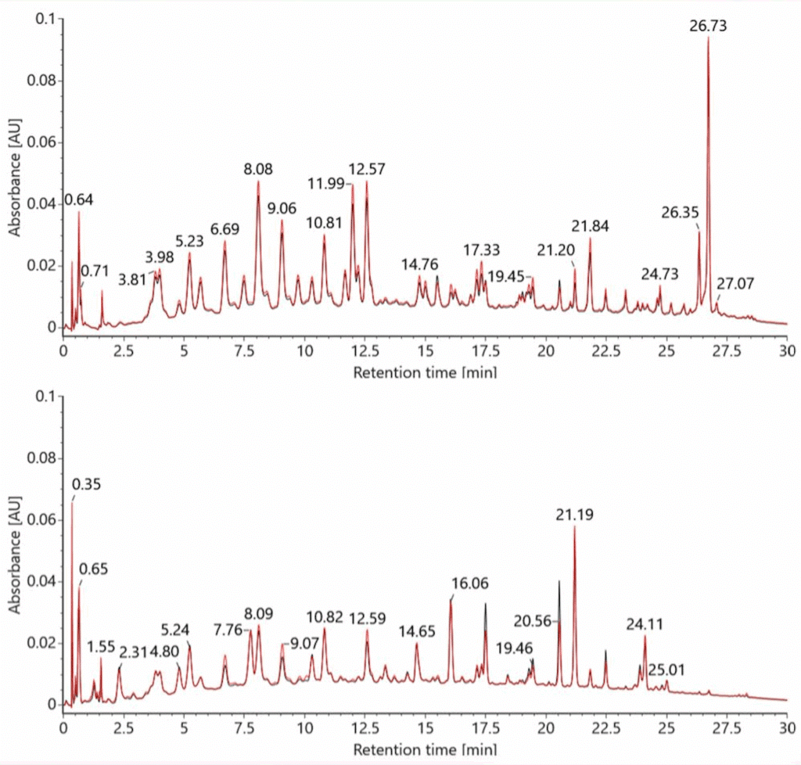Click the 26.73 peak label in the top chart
coord(708,26)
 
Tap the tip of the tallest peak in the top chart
coord(708,38)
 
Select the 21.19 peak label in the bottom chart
coord(574,515)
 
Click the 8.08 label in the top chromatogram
coord(258,169)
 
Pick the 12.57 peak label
coord(367,169)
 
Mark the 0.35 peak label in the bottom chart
coord(87,484)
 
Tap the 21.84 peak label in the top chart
coord(590,226)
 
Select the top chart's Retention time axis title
coord(424,372)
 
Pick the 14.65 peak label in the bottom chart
coord(418,631)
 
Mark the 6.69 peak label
coord(224,228)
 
